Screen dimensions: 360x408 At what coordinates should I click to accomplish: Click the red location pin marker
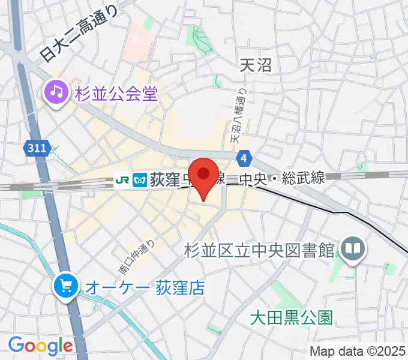(204, 176)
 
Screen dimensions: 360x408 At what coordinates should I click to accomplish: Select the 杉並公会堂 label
(116, 94)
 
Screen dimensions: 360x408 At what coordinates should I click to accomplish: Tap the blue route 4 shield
(243, 158)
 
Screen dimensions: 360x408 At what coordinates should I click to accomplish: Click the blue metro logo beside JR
(141, 179)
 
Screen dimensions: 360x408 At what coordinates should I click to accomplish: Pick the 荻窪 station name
(163, 179)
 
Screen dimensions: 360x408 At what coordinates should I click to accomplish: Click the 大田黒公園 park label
(291, 317)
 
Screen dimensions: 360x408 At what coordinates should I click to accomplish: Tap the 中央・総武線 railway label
(281, 178)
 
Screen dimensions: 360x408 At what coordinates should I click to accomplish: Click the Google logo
(40, 346)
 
